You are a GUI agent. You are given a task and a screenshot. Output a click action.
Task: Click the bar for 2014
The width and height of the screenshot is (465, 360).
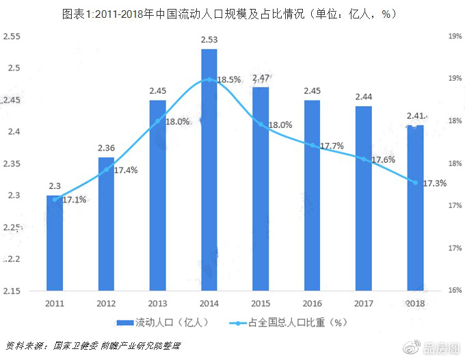(209, 171)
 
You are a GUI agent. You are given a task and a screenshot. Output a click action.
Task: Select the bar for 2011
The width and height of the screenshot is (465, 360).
(55, 244)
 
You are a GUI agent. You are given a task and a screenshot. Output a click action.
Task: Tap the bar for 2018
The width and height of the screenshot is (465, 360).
(415, 209)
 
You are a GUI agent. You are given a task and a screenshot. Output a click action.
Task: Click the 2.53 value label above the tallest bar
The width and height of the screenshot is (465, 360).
(209, 40)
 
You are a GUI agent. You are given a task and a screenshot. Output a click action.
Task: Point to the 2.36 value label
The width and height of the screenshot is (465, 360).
(106, 148)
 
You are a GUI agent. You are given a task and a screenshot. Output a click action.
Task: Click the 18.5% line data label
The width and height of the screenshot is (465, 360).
(228, 80)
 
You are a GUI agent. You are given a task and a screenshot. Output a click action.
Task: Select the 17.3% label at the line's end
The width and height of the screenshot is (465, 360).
(435, 183)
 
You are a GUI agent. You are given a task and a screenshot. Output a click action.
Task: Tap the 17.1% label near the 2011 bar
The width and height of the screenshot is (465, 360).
(73, 200)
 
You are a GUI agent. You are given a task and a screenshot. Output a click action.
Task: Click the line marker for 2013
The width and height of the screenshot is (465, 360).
(158, 121)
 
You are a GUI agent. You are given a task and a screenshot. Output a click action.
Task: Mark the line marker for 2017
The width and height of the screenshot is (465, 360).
(364, 159)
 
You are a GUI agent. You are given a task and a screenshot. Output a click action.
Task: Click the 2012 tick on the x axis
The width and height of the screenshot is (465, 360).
(106, 303)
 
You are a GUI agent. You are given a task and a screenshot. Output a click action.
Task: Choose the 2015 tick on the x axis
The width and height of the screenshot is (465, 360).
(261, 303)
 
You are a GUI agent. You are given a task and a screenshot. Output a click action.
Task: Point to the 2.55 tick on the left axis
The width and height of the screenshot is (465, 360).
(12, 36)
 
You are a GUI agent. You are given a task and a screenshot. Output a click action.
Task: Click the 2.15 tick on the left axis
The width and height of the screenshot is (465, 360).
(12, 292)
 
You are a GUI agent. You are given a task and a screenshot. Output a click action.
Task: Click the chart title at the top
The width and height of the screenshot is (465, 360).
(232, 13)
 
